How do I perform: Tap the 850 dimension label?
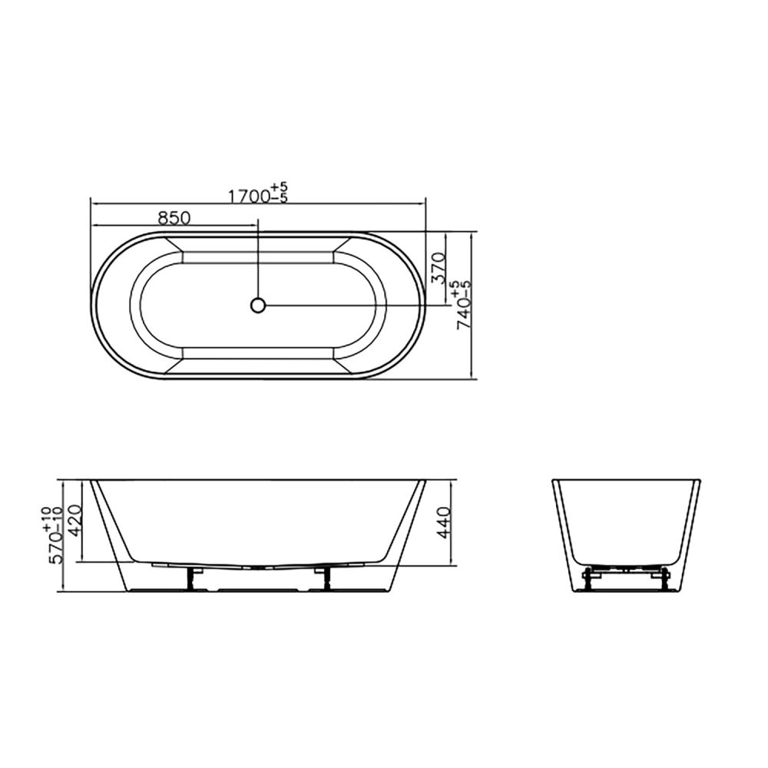[174, 217]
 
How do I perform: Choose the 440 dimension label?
[443, 523]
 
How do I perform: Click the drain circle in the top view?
[257, 305]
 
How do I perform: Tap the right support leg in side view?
[324, 578]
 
